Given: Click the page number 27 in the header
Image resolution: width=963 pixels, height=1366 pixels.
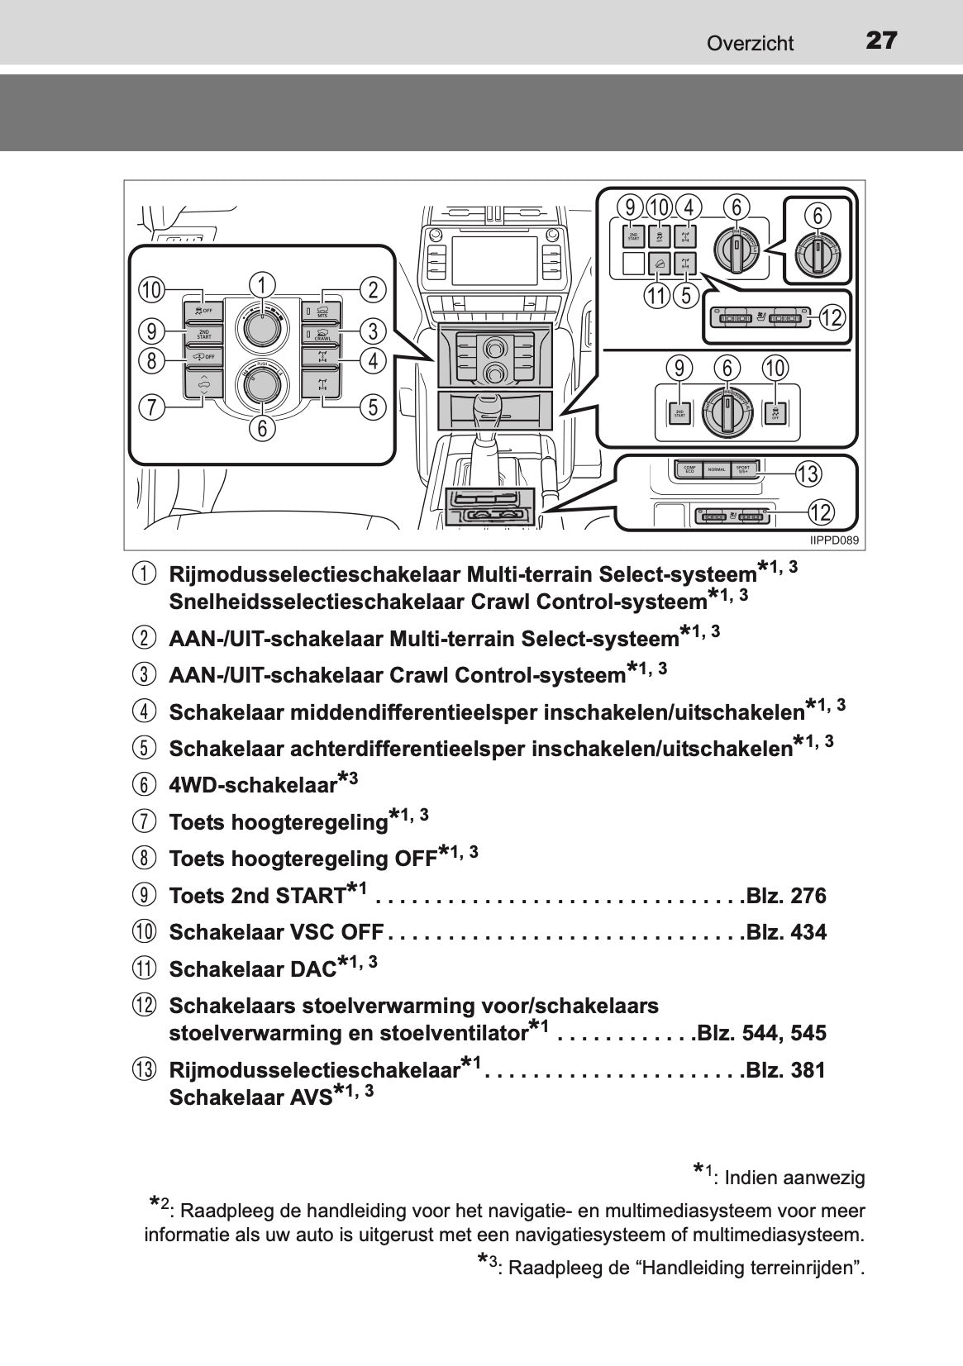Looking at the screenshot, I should (881, 40).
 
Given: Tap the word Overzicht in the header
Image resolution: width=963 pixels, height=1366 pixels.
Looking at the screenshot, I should (750, 44).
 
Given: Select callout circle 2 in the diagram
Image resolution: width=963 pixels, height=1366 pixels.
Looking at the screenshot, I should (374, 289).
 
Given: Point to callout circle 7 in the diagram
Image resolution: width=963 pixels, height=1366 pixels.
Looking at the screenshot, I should (150, 407).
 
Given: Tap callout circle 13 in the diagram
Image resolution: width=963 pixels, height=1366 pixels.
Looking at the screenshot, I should (808, 474).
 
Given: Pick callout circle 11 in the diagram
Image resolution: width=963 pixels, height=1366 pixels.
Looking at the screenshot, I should (657, 295).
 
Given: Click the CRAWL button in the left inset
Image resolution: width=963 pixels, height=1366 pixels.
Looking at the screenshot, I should (322, 336).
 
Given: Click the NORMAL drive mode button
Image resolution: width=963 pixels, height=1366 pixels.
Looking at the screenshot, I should (716, 469).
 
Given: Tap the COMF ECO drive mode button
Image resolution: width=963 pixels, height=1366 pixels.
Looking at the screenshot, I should (689, 469).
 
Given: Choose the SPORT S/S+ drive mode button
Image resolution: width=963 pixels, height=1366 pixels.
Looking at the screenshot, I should (743, 469).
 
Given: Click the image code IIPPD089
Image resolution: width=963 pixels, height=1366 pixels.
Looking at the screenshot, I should (834, 540).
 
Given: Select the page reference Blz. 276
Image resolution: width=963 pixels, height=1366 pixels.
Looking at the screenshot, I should (785, 897).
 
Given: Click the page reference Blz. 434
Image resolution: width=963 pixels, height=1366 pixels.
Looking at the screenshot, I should (785, 933).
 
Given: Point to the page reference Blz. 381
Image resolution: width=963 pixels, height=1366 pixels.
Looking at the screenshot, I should (785, 1071).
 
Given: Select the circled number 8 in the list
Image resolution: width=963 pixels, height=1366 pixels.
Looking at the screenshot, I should (143, 859).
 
